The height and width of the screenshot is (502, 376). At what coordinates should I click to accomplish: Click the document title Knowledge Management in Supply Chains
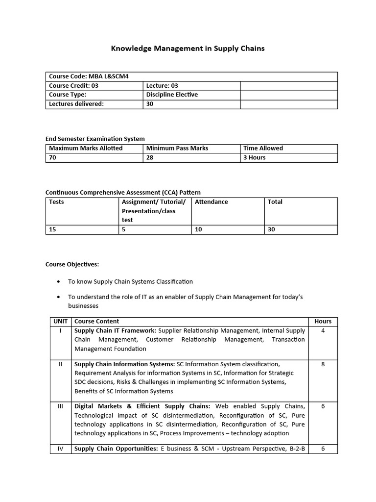tap(188, 48)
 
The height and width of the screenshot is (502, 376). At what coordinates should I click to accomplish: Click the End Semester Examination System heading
tap(95, 139)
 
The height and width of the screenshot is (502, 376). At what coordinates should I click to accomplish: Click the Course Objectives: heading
tap(72, 264)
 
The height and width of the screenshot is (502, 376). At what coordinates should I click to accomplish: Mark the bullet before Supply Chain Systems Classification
tap(59, 282)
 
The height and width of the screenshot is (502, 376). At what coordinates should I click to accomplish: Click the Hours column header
tap(323, 322)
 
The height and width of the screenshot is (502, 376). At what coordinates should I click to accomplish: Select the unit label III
tap(61, 406)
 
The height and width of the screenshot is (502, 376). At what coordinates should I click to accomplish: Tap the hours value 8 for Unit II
tap(323, 364)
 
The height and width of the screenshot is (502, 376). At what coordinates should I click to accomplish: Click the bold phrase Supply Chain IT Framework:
tap(115, 331)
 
